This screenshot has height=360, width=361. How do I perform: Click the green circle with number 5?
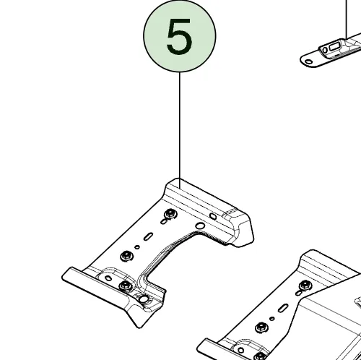180,35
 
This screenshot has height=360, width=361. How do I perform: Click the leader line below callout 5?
180,130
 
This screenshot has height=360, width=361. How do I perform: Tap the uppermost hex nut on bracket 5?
170,214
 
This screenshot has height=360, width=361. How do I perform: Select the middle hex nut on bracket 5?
126,256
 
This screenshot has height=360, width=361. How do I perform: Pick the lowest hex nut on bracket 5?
126,286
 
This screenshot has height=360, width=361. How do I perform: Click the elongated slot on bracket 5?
148,236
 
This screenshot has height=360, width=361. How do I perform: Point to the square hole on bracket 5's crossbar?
213,216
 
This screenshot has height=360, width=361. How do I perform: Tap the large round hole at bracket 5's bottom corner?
144,299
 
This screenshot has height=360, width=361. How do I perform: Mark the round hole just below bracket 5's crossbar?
200,226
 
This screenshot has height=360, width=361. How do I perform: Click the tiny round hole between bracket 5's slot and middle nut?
137,247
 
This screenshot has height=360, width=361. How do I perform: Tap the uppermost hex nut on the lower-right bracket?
305,286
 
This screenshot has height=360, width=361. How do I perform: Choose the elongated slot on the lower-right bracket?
283,308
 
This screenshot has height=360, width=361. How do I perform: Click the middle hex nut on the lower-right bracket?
261,327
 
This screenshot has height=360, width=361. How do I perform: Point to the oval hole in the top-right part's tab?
308,61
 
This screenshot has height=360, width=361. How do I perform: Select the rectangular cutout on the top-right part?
334,47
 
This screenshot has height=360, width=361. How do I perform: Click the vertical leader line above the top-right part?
347,20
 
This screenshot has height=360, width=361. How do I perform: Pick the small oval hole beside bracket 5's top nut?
164,221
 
